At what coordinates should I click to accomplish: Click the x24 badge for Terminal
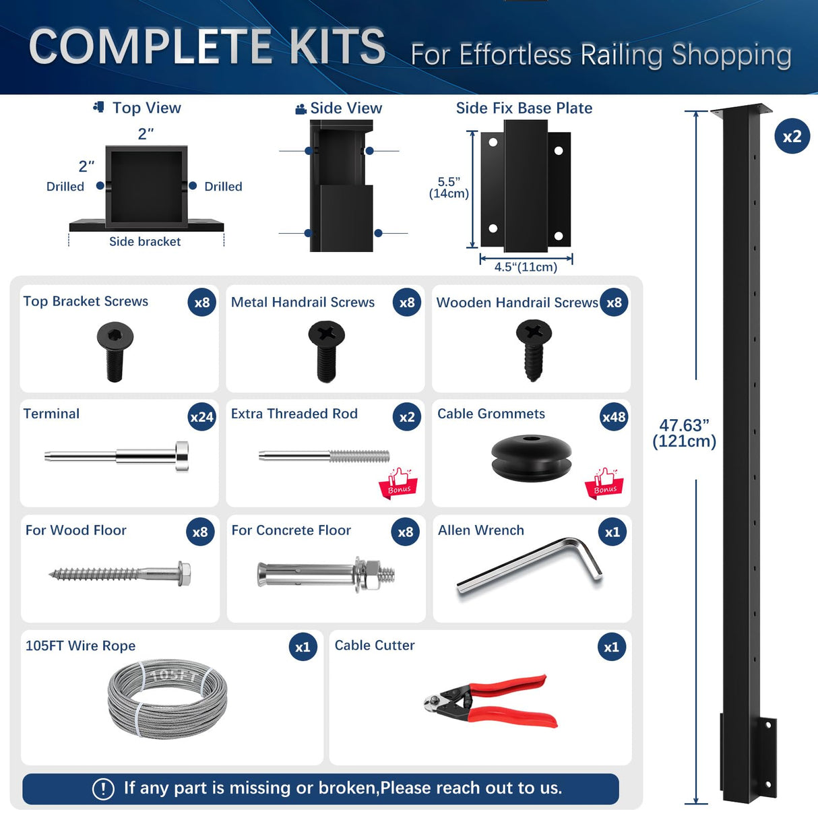tap(201, 417)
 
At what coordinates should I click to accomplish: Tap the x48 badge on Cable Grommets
tap(613, 417)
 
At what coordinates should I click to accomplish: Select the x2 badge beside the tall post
tap(792, 137)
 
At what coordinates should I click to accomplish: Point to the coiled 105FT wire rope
tap(167, 699)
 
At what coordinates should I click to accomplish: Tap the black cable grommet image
tap(532, 458)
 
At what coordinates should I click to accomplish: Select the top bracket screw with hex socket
tap(115, 351)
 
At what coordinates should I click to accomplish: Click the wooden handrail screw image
tap(534, 350)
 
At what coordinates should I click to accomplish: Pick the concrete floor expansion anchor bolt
tap(325, 574)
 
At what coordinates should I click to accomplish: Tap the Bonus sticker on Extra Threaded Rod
tap(398, 483)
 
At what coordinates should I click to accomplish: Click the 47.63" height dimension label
tap(684, 433)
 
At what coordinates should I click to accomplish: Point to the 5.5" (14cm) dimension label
tap(449, 188)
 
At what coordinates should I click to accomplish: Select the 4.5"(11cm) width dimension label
tap(526, 267)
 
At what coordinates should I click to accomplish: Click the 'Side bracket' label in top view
tap(145, 242)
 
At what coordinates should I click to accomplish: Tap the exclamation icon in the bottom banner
tap(103, 788)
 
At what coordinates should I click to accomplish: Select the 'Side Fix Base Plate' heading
tap(524, 108)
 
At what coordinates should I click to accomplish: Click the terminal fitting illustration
tap(117, 456)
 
